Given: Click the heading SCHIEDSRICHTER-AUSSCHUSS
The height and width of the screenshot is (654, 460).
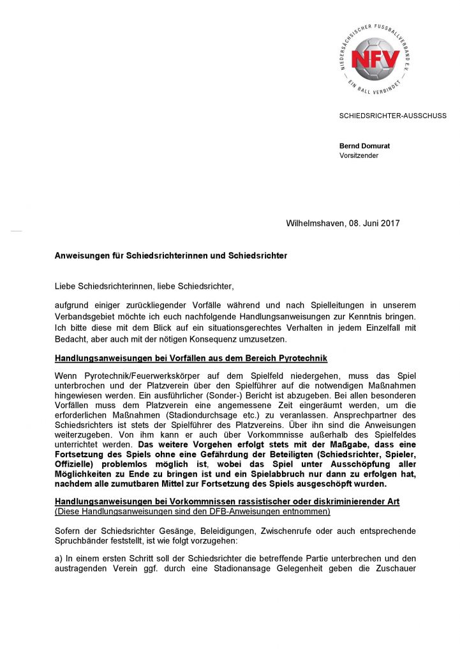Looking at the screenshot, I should tap(392, 116).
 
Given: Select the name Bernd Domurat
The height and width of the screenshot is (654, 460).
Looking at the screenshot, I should tap(364, 146).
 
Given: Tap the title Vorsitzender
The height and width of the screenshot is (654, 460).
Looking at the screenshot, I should tap(359, 155).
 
